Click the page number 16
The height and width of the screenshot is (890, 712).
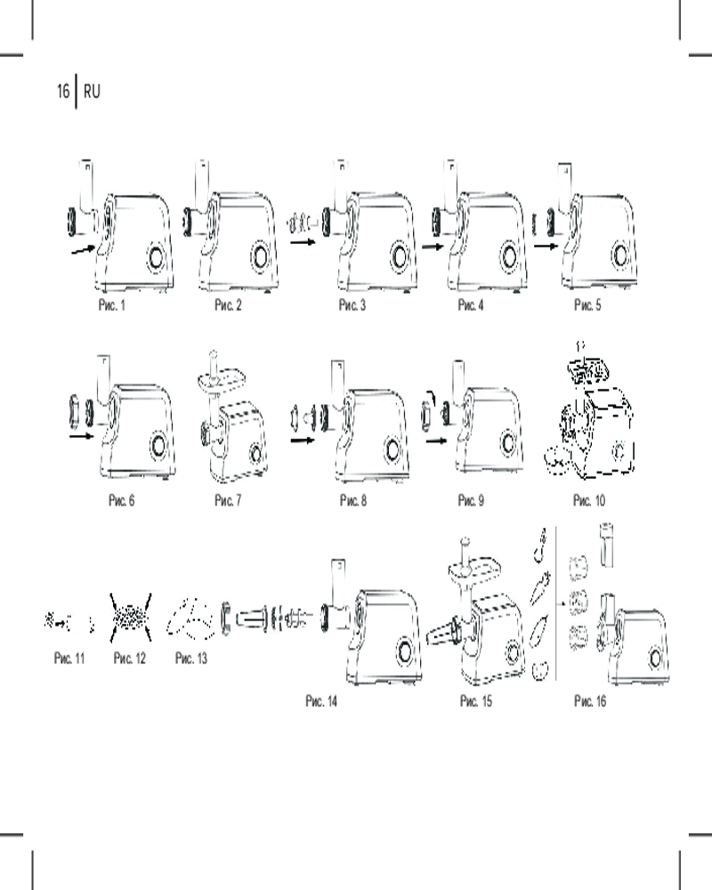[x=62, y=91]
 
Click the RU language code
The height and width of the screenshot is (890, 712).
[x=92, y=91]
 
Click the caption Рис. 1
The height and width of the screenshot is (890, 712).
[x=111, y=305]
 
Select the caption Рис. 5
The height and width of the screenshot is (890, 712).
[x=587, y=305]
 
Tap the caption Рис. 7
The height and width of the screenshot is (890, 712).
[x=228, y=500]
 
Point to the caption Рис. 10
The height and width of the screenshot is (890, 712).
[x=589, y=500]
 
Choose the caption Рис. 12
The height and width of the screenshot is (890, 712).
[x=129, y=658]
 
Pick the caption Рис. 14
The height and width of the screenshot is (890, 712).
[x=320, y=701]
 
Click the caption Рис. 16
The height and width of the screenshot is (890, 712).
[x=590, y=701]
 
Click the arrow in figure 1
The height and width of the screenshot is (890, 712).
[x=83, y=249]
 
